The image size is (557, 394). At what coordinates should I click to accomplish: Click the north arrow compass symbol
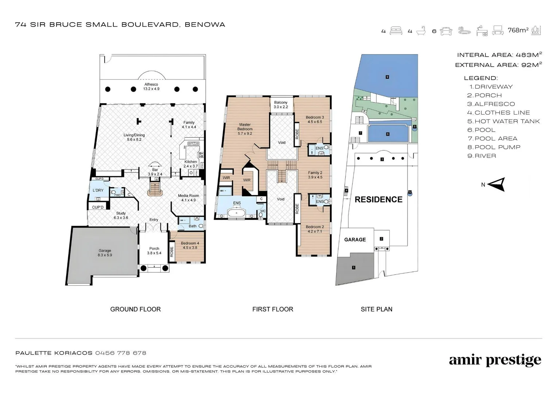click(496, 185)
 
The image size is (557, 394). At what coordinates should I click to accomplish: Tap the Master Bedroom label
click(245, 129)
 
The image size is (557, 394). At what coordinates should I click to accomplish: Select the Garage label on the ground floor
click(105, 252)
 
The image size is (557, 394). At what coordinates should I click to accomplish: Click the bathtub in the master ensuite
click(237, 213)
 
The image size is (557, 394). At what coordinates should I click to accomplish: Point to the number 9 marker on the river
click(387, 77)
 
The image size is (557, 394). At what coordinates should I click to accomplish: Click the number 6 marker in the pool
click(387, 134)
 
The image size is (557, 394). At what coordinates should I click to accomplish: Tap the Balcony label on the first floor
click(281, 105)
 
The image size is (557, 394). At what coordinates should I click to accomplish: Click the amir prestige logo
click(495, 360)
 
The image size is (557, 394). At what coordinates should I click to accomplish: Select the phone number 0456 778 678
click(121, 353)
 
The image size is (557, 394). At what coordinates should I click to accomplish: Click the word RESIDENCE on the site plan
click(378, 199)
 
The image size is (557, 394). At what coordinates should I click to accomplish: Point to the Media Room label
click(188, 198)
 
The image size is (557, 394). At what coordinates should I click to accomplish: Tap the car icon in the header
click(446, 31)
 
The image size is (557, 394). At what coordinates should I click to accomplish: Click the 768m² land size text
click(518, 30)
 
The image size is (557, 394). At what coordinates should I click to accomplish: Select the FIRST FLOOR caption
click(273, 309)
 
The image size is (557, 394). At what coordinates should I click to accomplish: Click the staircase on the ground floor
click(155, 188)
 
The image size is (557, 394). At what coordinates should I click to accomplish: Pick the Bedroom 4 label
click(190, 245)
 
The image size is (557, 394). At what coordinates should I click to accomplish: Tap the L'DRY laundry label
click(98, 190)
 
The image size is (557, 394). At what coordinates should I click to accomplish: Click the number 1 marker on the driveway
click(354, 267)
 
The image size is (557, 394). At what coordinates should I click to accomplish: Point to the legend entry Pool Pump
click(494, 147)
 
